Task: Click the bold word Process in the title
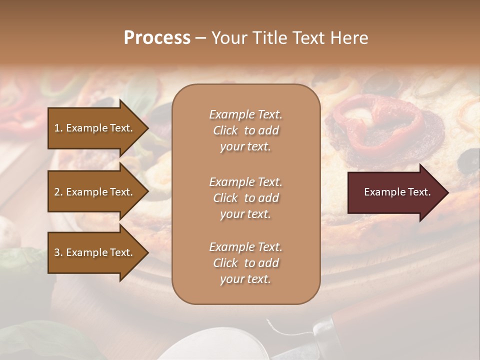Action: tap(157, 38)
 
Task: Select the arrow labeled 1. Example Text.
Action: tap(95, 128)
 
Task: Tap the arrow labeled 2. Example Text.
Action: tap(95, 192)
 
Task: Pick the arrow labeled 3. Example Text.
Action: tap(95, 252)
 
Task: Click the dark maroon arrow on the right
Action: tap(395, 192)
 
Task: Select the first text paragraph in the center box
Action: tap(245, 130)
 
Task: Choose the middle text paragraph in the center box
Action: tap(245, 198)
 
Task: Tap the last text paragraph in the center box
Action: tap(245, 263)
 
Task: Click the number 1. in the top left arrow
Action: tap(58, 128)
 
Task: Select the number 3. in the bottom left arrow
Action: tap(58, 252)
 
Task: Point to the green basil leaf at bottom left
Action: tap(20, 260)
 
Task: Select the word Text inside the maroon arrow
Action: tap(419, 192)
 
